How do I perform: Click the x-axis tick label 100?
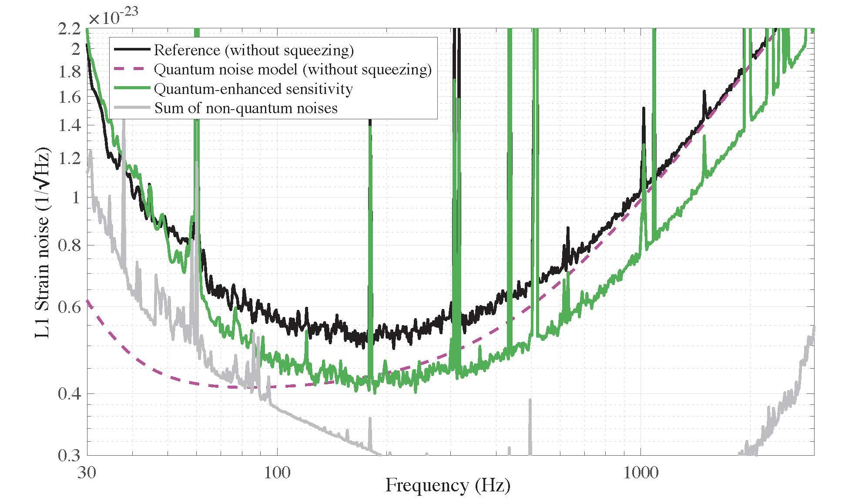[277, 472]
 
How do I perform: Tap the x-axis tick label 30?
[87, 472]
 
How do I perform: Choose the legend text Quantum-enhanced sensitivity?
[253, 89]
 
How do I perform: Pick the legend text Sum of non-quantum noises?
[246, 108]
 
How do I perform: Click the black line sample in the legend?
[132, 50]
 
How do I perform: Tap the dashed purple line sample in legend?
[132, 69]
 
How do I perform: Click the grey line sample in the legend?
[132, 108]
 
